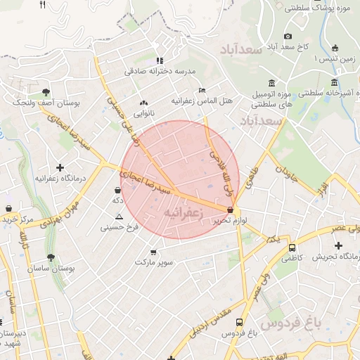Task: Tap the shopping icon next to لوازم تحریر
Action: tap(231, 210)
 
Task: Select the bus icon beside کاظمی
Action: tap(291, 247)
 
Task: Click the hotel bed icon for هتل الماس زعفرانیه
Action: tap(202, 91)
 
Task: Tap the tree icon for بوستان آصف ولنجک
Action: tap(46, 91)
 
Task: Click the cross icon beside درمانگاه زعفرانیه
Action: tap(60, 167)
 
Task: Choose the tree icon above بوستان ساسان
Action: tap(50, 257)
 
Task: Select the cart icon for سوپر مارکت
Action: tap(154, 252)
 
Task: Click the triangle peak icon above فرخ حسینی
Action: tap(119, 217)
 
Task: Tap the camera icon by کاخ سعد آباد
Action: tap(288, 36)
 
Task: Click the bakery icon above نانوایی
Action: tap(144, 102)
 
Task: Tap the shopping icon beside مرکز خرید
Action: tap(8, 209)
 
